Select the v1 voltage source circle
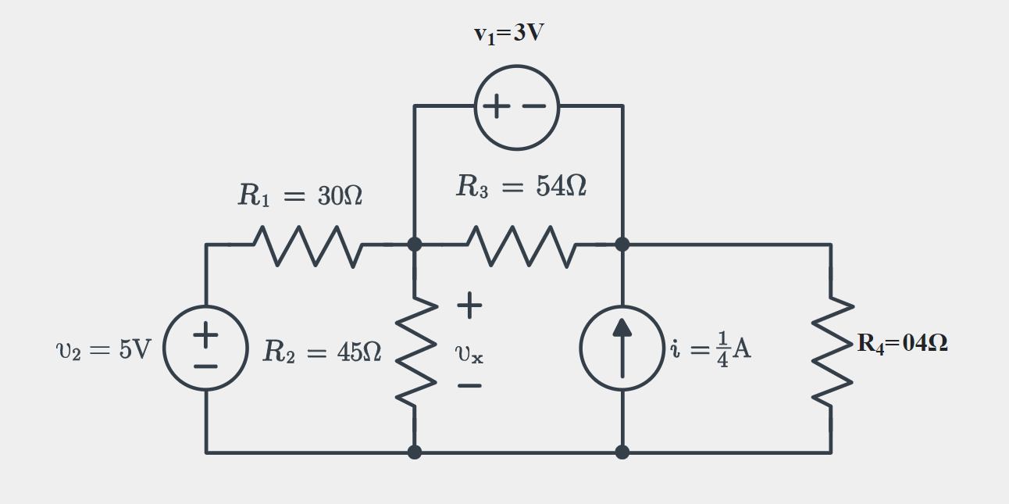517,107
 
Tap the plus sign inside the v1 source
497,107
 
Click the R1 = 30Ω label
300,196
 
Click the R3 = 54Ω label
521,187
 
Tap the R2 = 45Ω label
322,352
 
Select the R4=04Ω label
902,344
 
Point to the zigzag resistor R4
831,349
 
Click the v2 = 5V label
103,350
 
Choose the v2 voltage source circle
206,349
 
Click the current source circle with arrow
622,349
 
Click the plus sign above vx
469,306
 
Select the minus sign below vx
469,386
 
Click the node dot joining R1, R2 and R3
415,245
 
